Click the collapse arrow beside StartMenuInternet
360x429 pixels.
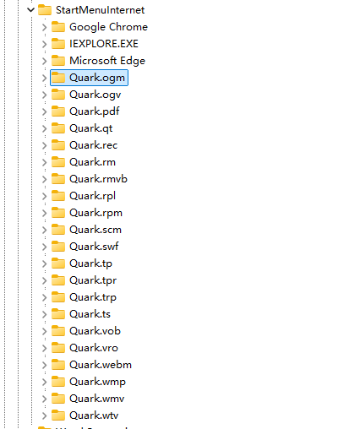(30, 10)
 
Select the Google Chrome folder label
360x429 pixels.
(108, 27)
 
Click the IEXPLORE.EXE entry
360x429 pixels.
(104, 44)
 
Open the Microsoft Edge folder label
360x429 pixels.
(107, 61)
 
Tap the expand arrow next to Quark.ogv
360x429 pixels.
(44, 95)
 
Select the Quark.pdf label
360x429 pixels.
(95, 111)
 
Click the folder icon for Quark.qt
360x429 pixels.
(58, 128)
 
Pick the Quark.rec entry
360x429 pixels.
(93, 145)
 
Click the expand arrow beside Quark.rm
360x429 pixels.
(44, 162)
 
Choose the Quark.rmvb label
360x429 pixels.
(98, 179)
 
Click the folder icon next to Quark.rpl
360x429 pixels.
(58, 196)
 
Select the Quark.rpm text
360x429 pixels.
(95, 213)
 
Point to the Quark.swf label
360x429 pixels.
(94, 247)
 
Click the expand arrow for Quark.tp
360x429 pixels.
(44, 263)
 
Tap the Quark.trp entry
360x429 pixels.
(93, 297)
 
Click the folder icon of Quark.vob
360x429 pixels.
(58, 331)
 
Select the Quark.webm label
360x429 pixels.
(101, 365)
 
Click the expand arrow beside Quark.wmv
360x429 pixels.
(44, 399)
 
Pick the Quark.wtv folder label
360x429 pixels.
(94, 415)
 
